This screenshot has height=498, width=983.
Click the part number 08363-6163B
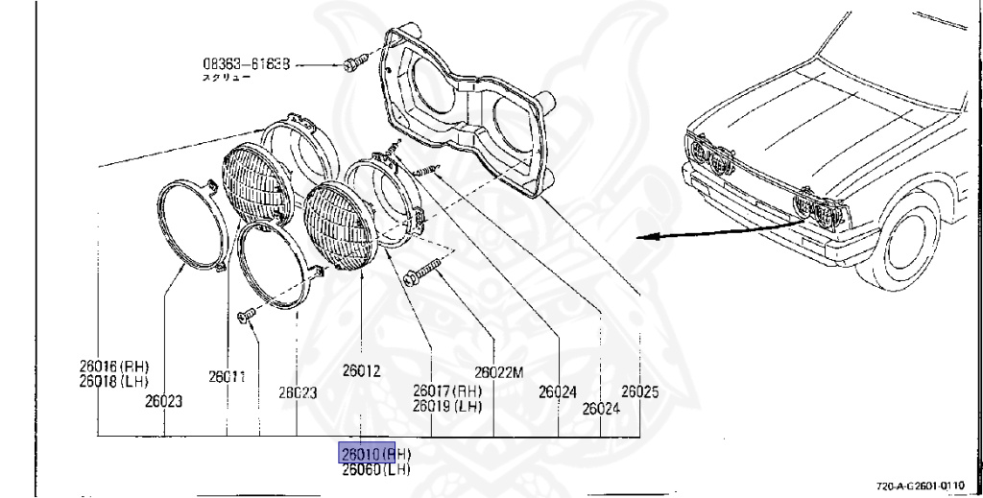click(246, 64)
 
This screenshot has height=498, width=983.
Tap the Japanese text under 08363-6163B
click(225, 78)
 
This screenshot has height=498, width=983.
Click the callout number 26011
click(228, 377)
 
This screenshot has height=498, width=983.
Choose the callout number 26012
click(361, 370)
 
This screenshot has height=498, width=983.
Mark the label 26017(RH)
click(447, 391)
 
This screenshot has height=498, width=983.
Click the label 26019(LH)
click(447, 405)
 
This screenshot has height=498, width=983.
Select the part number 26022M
click(498, 372)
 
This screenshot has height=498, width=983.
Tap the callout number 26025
click(639, 391)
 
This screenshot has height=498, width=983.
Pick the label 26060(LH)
click(375, 469)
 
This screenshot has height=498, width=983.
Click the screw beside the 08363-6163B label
click(352, 63)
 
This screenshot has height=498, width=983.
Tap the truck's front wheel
click(901, 244)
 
